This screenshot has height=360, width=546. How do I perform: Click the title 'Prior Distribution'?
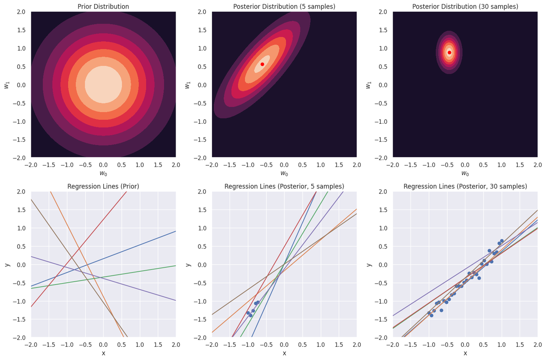coord(103,7)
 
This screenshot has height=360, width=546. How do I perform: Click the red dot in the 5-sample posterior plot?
coord(263,64)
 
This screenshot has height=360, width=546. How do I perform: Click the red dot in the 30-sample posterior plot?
coord(450,52)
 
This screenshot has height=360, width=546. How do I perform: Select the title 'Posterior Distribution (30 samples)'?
coord(465,7)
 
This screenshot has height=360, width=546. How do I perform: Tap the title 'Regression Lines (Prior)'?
coord(103,187)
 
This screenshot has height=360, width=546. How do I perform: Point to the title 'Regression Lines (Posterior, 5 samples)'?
coord(284,187)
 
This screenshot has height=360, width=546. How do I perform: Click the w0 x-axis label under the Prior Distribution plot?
coord(103,173)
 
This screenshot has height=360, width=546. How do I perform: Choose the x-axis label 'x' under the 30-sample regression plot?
coord(465,353)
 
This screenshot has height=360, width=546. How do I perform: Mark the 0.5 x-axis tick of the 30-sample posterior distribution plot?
coord(483,165)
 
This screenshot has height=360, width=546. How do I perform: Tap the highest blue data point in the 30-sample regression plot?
coord(502,241)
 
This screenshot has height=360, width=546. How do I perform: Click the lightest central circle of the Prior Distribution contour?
coord(103,85)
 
